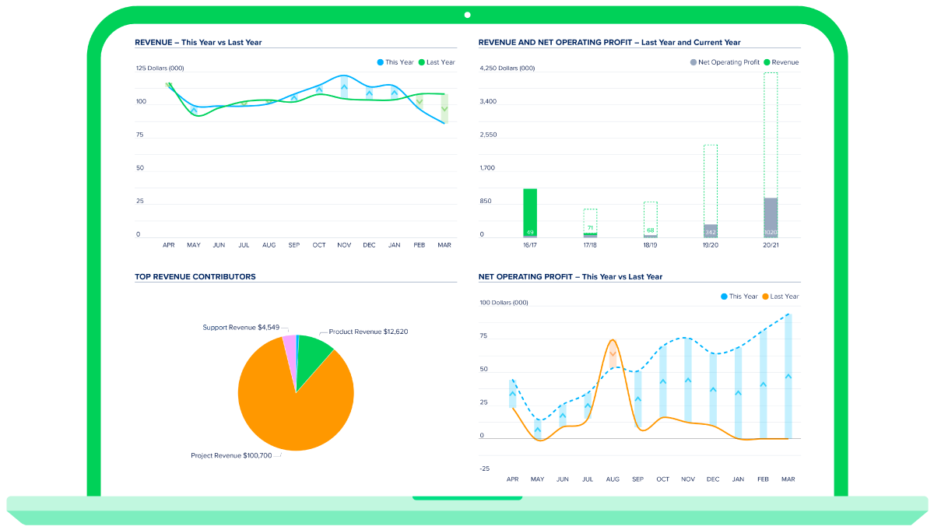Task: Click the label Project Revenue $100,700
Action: pyautogui.click(x=231, y=455)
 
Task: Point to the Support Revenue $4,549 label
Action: pyautogui.click(x=241, y=328)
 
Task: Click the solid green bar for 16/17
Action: pyautogui.click(x=530, y=212)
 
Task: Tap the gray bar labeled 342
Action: pyautogui.click(x=711, y=231)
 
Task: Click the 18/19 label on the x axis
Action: pyautogui.click(x=650, y=245)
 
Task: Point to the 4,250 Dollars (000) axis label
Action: pyautogui.click(x=507, y=68)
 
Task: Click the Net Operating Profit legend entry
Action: pyautogui.click(x=724, y=62)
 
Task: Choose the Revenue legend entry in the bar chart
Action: pyautogui.click(x=781, y=62)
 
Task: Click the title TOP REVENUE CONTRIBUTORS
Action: pyautogui.click(x=195, y=276)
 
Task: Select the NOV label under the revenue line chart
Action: pyautogui.click(x=344, y=245)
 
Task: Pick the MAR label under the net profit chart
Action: pyautogui.click(x=788, y=479)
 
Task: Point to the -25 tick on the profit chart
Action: pyautogui.click(x=485, y=469)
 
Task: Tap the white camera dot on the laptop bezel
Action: pyautogui.click(x=467, y=15)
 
